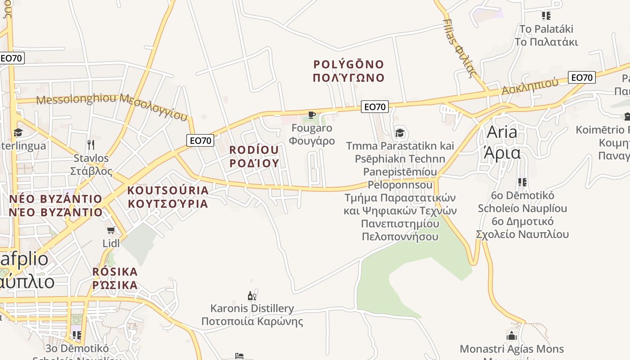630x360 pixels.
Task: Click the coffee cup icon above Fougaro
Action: click(311, 115)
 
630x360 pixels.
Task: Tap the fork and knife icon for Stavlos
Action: click(91, 144)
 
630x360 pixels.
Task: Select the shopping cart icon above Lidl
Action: click(111, 230)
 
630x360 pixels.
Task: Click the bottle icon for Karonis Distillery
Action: click(252, 296)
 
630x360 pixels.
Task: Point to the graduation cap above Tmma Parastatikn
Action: click(400, 133)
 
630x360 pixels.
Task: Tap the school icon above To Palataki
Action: click(546, 16)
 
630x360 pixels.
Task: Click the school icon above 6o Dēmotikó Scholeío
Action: click(522, 182)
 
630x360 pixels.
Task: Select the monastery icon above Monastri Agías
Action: click(511, 336)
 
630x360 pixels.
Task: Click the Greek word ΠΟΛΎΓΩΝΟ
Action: click(349, 78)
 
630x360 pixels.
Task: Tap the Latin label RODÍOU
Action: click(254, 150)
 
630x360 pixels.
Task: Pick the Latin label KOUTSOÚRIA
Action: click(168, 190)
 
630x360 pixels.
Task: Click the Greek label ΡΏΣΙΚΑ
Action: click(115, 285)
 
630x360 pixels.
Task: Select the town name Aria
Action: click(502, 132)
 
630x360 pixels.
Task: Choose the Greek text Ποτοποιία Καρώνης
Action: click(252, 322)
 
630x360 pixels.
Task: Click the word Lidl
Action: click(111, 243)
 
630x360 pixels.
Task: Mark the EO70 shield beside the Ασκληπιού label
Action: click(581, 77)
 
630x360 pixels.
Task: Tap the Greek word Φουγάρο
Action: click(312, 141)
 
